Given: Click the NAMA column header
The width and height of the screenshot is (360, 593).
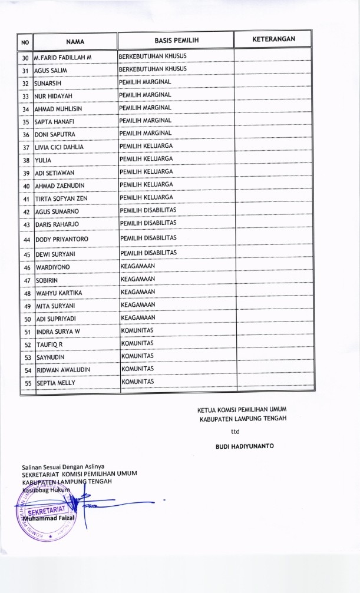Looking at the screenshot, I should pyautogui.click(x=75, y=41).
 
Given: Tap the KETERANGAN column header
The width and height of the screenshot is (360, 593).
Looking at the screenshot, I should pyautogui.click(x=273, y=39).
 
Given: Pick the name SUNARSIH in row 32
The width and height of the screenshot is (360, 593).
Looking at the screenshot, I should pyautogui.click(x=48, y=83).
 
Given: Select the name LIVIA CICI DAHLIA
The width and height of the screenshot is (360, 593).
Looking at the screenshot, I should pyautogui.click(x=60, y=147).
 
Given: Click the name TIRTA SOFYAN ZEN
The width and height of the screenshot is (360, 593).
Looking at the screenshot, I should pyautogui.click(x=61, y=198).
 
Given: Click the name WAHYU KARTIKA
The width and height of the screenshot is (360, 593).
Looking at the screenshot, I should pyautogui.click(x=59, y=293).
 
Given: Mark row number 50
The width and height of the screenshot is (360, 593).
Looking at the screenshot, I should pyautogui.click(x=27, y=319).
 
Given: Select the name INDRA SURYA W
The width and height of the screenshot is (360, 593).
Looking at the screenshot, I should pyautogui.click(x=58, y=332).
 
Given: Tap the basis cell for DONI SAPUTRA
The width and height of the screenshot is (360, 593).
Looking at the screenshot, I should pyautogui.click(x=146, y=133).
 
